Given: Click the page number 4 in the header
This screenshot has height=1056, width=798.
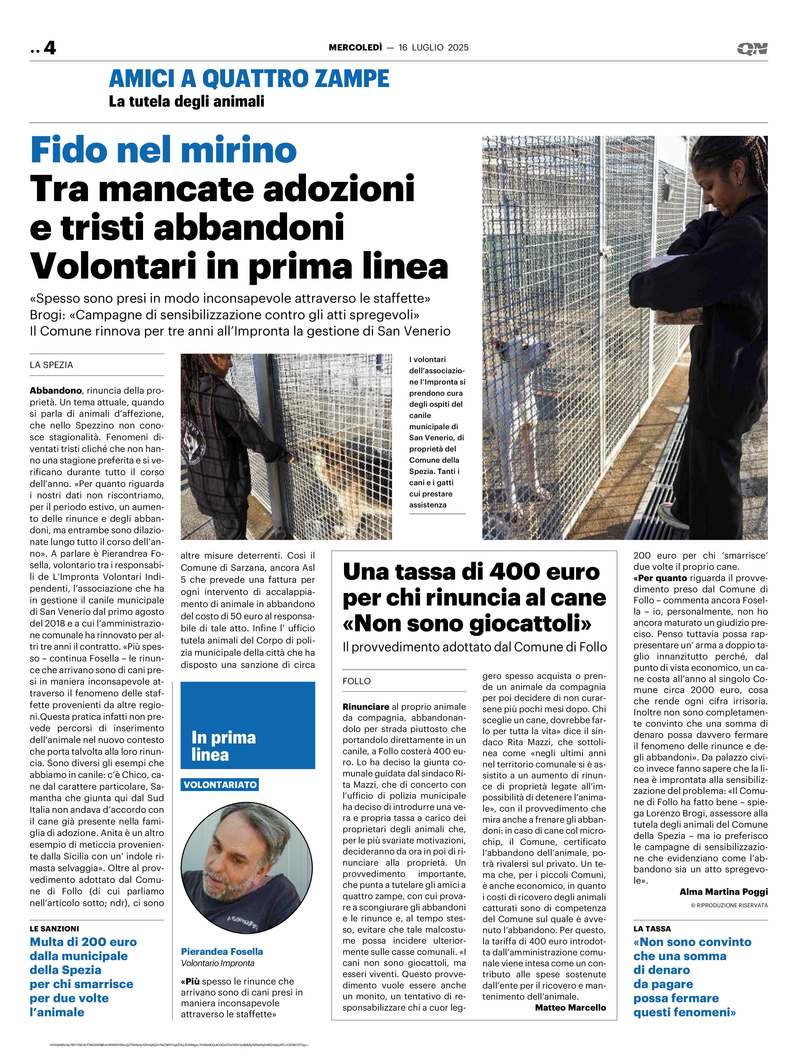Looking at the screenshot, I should pyautogui.click(x=50, y=48).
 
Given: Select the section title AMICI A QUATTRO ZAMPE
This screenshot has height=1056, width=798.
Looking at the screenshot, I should pyautogui.click(x=249, y=79).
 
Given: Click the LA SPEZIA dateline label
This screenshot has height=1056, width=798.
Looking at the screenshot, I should pyautogui.click(x=52, y=365).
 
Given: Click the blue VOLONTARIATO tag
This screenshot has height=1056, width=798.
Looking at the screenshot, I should pyautogui.click(x=220, y=784).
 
